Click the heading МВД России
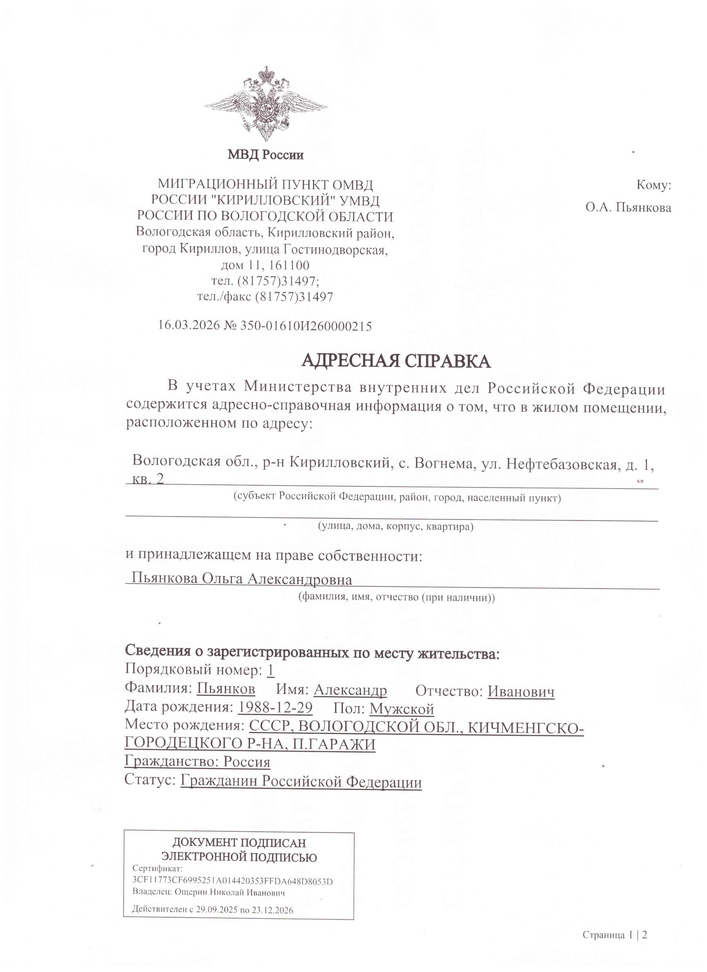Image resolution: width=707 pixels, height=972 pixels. tap(265, 154)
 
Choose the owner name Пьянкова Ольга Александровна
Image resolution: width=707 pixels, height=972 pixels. tap(242, 579)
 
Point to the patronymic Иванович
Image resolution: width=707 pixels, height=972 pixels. tap(521, 691)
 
